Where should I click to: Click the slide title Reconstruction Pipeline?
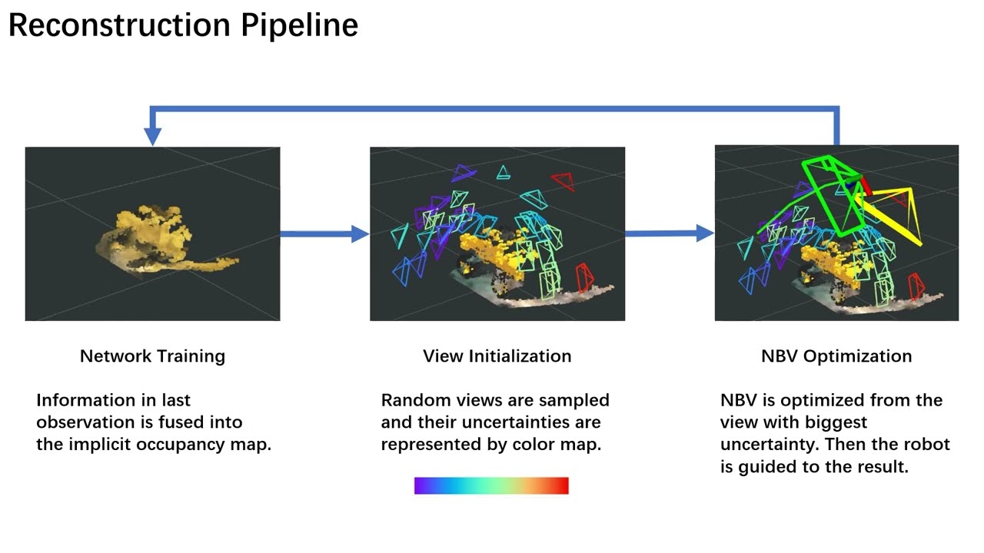click(183, 25)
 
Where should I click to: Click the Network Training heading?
click(152, 356)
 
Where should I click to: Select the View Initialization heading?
click(497, 356)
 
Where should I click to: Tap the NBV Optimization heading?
click(836, 356)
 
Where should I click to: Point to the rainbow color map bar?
click(491, 485)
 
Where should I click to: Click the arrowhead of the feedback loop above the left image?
click(153, 135)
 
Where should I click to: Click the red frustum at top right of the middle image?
click(563, 181)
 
